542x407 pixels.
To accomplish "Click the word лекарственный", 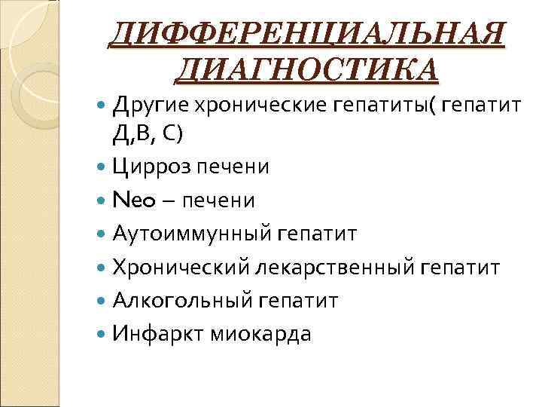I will [336, 267].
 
